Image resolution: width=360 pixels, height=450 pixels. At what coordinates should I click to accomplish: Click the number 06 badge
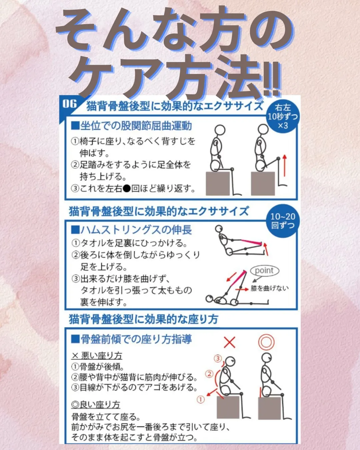pos(69,104)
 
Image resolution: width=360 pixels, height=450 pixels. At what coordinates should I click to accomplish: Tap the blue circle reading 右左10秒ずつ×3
pos(283,116)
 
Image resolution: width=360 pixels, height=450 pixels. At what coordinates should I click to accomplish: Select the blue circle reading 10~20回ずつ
pos(283,221)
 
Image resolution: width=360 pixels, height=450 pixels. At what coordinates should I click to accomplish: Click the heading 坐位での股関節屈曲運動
pos(132,126)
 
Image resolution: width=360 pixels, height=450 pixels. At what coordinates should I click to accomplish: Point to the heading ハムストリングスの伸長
pos(132,230)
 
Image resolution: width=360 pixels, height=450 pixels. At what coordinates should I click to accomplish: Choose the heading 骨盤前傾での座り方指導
pos(132,339)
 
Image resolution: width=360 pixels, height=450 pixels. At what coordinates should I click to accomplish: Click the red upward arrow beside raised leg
pos(284,166)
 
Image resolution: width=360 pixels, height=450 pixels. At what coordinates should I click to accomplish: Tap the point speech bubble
pos(264,271)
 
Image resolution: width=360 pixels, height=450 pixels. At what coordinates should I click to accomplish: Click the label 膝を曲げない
pos(269,288)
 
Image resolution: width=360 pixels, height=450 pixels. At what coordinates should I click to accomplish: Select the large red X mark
pos(229,342)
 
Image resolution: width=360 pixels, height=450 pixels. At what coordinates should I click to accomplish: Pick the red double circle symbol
pos(266,342)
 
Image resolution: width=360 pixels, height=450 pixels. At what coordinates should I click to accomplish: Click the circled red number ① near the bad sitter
pos(201,399)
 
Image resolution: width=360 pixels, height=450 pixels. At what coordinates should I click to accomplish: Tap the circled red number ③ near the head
pos(218,358)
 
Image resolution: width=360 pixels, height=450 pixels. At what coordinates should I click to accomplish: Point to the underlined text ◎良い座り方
pos(96,405)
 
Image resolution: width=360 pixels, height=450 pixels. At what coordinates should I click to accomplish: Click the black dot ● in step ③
pos(127,189)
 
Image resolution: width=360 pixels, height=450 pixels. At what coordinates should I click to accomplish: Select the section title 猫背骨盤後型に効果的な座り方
pos(143,319)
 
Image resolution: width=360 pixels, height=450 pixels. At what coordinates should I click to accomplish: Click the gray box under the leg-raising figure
pos(263,184)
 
